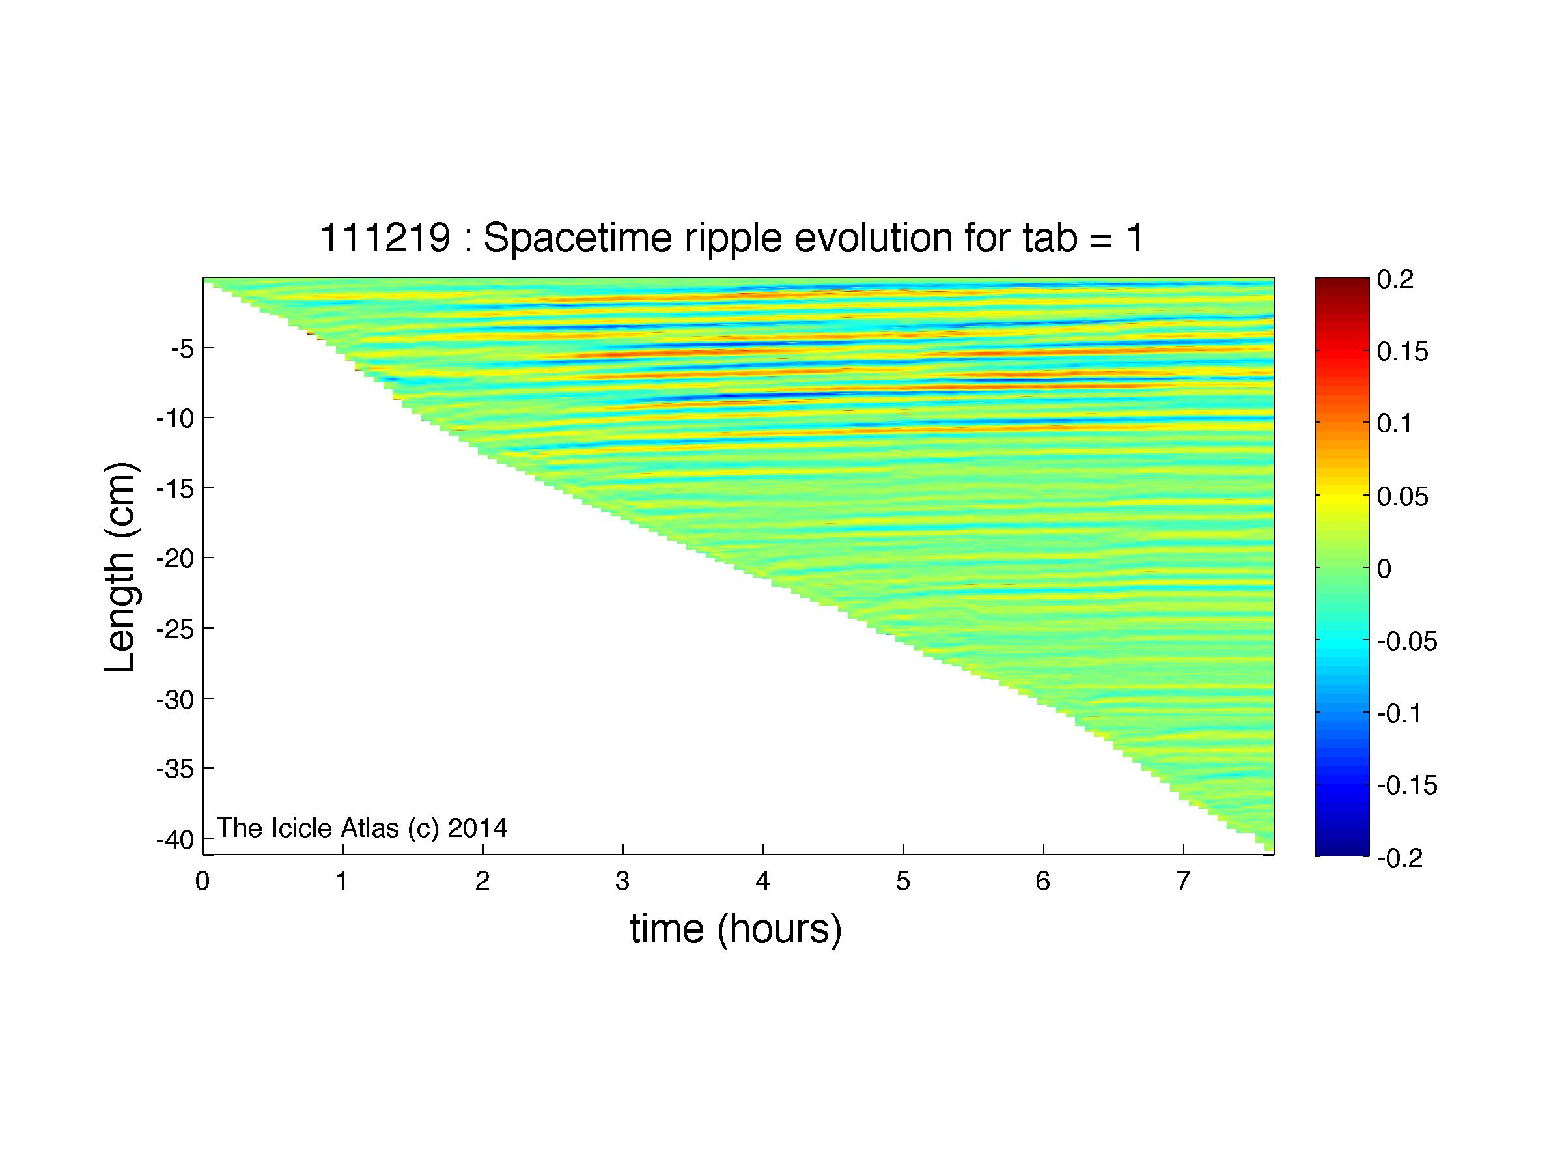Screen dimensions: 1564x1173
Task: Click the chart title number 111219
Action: (385, 238)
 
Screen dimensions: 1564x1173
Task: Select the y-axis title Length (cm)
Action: (120, 568)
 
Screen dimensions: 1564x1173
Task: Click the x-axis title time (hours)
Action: (736, 929)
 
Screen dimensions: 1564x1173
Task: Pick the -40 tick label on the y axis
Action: (175, 840)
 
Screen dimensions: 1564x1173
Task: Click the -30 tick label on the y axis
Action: (175, 700)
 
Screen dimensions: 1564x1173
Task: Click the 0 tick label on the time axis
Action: (203, 882)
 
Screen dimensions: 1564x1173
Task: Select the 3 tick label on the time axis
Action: (622, 882)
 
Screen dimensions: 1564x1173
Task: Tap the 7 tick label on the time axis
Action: (1183, 882)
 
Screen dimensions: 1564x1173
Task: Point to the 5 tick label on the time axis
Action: (903, 882)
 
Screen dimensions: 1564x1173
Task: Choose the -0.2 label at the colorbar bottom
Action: (1401, 858)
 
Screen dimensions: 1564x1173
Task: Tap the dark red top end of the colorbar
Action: (1342, 283)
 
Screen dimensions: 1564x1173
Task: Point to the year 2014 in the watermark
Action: (477, 828)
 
